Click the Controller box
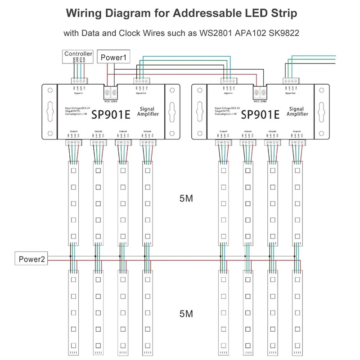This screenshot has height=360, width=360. (78, 54)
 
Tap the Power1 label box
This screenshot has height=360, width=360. (114, 58)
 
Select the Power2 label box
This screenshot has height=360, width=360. (31, 259)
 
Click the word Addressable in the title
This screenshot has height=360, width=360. (198, 13)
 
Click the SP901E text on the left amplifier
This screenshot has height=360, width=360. (111, 114)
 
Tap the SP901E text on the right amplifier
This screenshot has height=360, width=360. (261, 114)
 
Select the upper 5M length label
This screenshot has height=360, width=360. (186, 198)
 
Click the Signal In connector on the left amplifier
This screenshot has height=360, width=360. (79, 81)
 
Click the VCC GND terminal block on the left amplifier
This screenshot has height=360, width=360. (111, 92)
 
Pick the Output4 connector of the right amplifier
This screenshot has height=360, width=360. (297, 143)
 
